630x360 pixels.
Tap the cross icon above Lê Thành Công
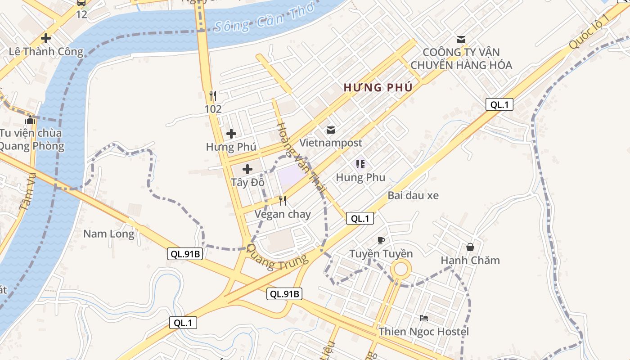tap(45, 38)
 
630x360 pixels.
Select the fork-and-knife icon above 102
tap(213, 95)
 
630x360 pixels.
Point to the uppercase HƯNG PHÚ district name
tap(378, 88)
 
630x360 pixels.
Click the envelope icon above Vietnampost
tap(331, 130)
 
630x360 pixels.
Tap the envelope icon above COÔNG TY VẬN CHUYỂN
tap(461, 39)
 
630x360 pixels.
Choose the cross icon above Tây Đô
tap(247, 169)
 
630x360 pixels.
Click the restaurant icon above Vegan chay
tap(283, 201)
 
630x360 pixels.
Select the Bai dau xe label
tap(413, 195)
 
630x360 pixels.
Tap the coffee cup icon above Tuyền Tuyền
tap(381, 240)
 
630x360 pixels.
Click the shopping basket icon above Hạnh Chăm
tap(470, 247)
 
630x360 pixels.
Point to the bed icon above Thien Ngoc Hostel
tap(423, 318)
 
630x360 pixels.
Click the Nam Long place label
tap(109, 234)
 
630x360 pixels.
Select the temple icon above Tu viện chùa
tap(31, 120)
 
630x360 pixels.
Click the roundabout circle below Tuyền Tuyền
tap(400, 270)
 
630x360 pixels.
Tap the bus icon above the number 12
tap(81, 2)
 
